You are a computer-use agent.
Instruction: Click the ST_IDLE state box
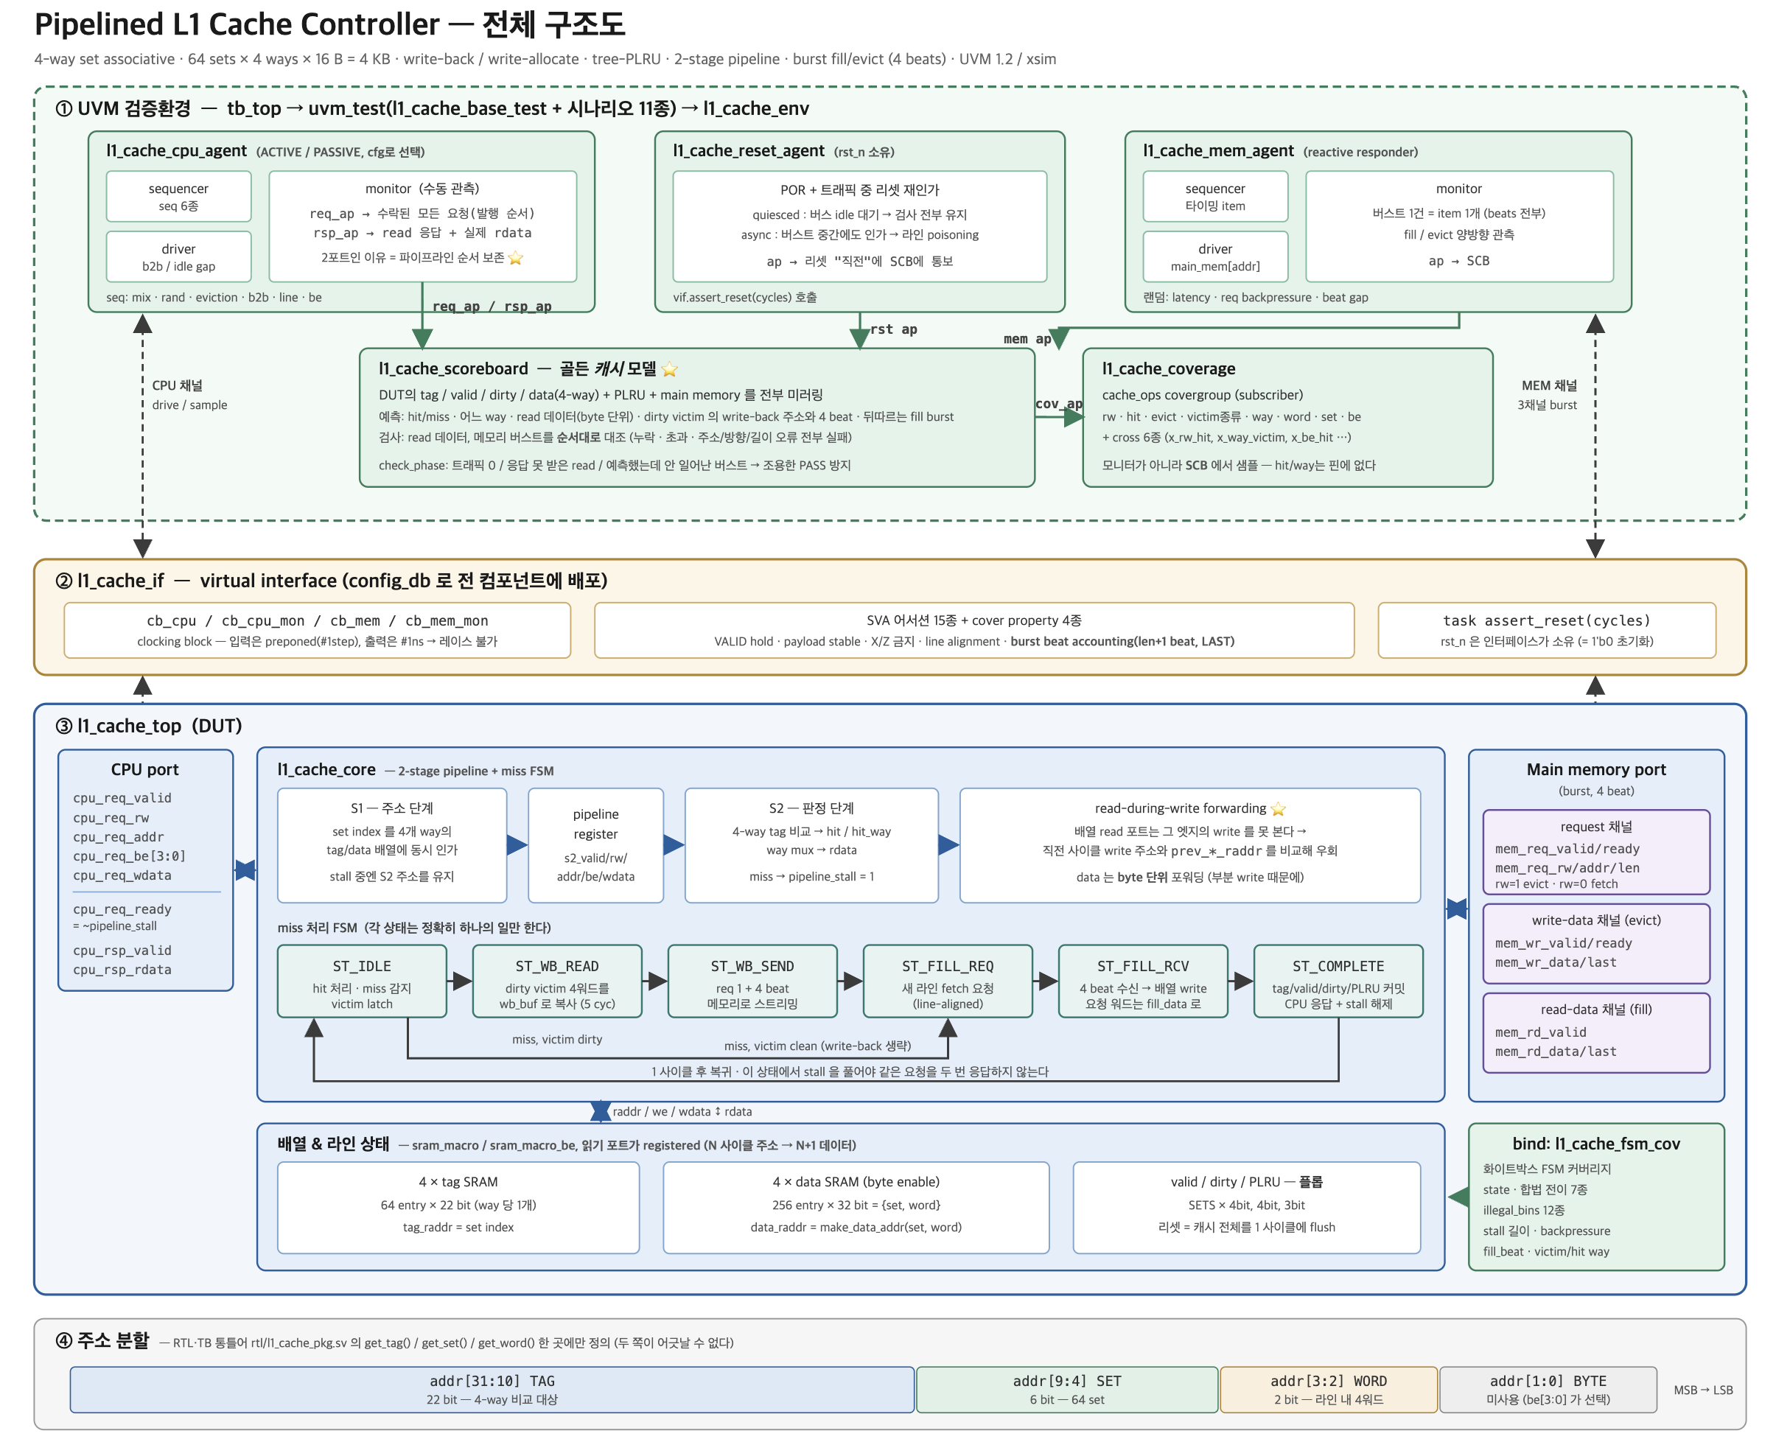(362, 981)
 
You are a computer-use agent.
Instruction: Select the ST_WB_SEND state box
(752, 981)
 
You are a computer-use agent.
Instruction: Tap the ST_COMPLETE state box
(1338, 981)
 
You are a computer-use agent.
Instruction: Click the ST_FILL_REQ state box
(947, 981)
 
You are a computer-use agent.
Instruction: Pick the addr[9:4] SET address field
(1066, 1390)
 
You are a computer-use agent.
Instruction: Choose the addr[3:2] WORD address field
(1328, 1390)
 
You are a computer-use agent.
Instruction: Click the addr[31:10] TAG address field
(492, 1390)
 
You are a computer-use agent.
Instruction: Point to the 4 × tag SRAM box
(458, 1207)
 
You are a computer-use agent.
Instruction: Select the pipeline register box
(595, 845)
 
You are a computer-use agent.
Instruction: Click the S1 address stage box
(392, 845)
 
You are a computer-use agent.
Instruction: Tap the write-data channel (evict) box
(1595, 942)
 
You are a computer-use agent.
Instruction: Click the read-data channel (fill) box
(1595, 1032)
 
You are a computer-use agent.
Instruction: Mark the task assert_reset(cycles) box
(1546, 630)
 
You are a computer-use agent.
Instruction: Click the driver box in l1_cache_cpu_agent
(178, 256)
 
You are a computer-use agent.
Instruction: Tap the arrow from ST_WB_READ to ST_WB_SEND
(655, 981)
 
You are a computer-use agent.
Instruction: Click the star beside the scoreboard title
(669, 369)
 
